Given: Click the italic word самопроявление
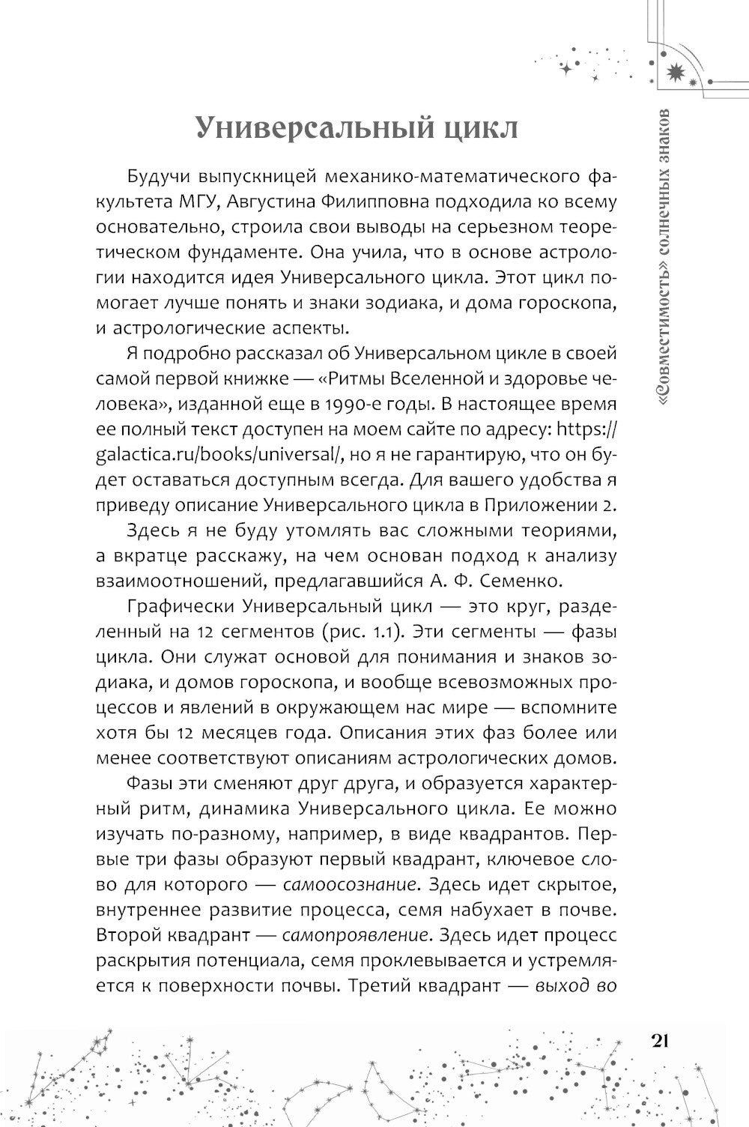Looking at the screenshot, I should coord(358,935).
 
